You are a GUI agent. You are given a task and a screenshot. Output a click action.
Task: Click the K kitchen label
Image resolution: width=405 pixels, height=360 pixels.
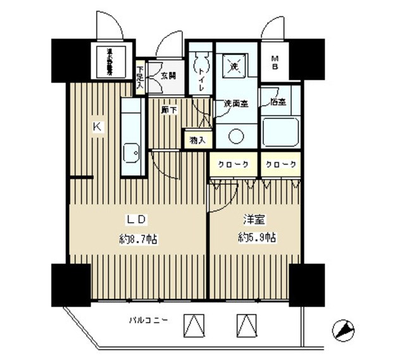97,127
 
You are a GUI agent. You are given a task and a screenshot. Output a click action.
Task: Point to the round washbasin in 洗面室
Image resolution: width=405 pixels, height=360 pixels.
236,135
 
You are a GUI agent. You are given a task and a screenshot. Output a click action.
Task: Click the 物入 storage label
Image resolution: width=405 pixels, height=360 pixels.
197,139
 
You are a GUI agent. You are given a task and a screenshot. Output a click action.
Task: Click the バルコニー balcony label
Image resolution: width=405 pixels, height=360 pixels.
147,321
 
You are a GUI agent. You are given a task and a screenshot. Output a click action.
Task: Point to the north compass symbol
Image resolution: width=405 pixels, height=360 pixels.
342,330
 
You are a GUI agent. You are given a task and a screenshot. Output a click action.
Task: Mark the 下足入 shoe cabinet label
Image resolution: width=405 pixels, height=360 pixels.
140,75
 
